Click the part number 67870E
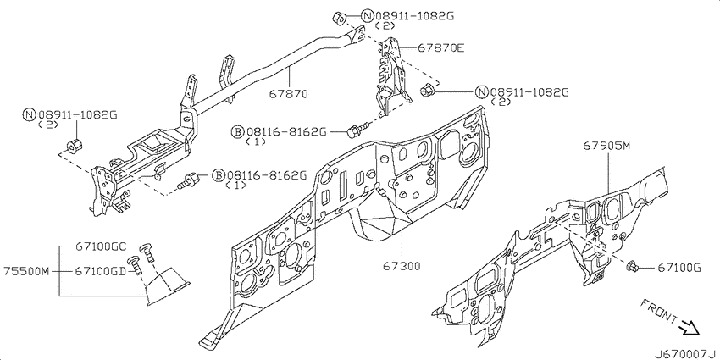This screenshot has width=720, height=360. [x=440, y=47]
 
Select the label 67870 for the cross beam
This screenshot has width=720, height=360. [x=288, y=94]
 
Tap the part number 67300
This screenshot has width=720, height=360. [x=401, y=266]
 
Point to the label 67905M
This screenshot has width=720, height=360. [x=606, y=146]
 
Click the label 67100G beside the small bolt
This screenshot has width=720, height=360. [x=678, y=268]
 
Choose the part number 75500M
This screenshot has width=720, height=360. [x=26, y=271]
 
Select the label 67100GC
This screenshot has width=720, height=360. [x=101, y=246]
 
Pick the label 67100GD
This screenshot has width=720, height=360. [x=101, y=271]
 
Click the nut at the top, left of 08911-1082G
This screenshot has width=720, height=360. [x=339, y=19]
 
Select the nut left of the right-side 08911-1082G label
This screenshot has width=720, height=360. [x=427, y=90]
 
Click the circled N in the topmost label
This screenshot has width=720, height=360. [x=368, y=16]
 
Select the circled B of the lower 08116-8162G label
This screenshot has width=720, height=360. [x=219, y=176]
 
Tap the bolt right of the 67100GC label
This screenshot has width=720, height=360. [x=147, y=251]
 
